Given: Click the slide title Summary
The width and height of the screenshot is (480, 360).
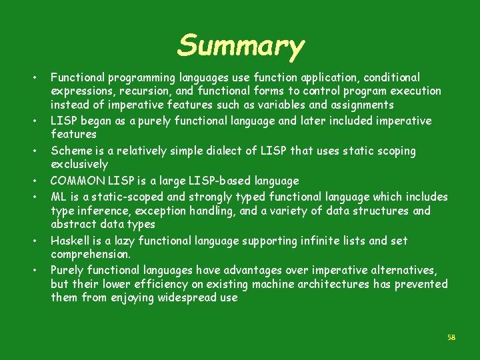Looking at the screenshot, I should point(241,46).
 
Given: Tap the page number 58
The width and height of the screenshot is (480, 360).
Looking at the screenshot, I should point(451,337).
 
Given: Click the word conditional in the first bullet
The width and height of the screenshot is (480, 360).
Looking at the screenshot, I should point(391,77).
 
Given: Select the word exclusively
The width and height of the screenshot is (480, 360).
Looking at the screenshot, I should point(79,164).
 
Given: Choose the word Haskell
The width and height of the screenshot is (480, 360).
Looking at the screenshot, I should point(71,240).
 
